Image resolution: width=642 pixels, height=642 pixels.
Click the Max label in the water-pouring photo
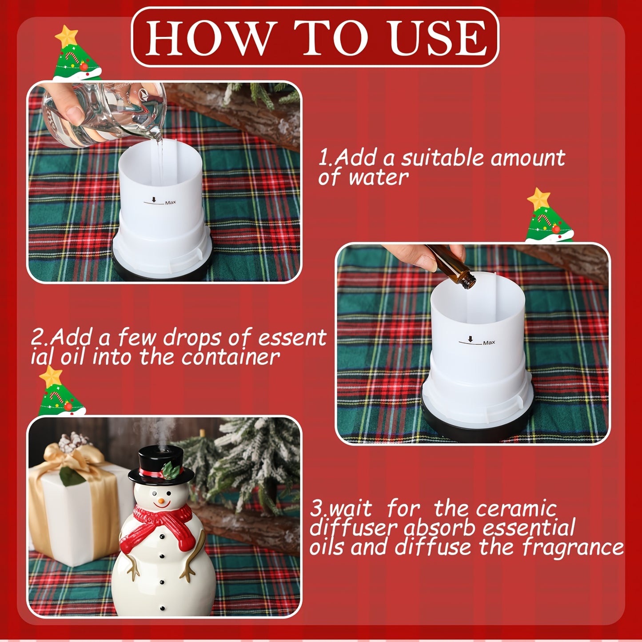(x=170, y=203)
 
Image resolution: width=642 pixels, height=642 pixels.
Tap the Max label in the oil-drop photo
(x=489, y=343)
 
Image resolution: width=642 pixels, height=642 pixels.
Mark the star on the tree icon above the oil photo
(x=538, y=198)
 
